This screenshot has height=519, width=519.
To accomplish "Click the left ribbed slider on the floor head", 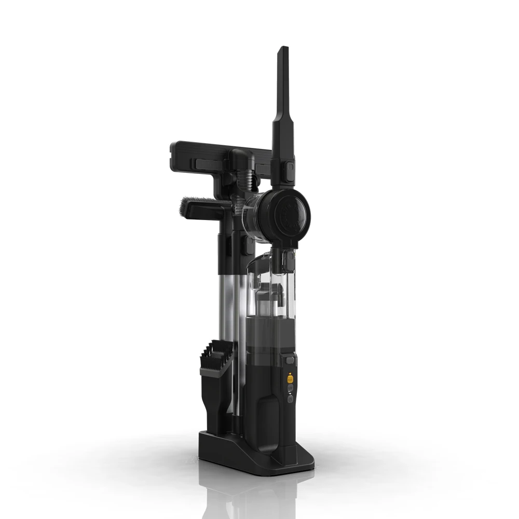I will pos(208,164).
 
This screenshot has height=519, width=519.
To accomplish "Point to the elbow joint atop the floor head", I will pos(242,159).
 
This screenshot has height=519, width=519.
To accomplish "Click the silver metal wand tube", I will pos(227,306).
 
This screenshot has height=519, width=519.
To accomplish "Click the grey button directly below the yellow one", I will pos(290,388).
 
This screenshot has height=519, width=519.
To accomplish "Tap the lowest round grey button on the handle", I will pos(290,399).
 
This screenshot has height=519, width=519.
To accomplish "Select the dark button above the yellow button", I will pos(289,360).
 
